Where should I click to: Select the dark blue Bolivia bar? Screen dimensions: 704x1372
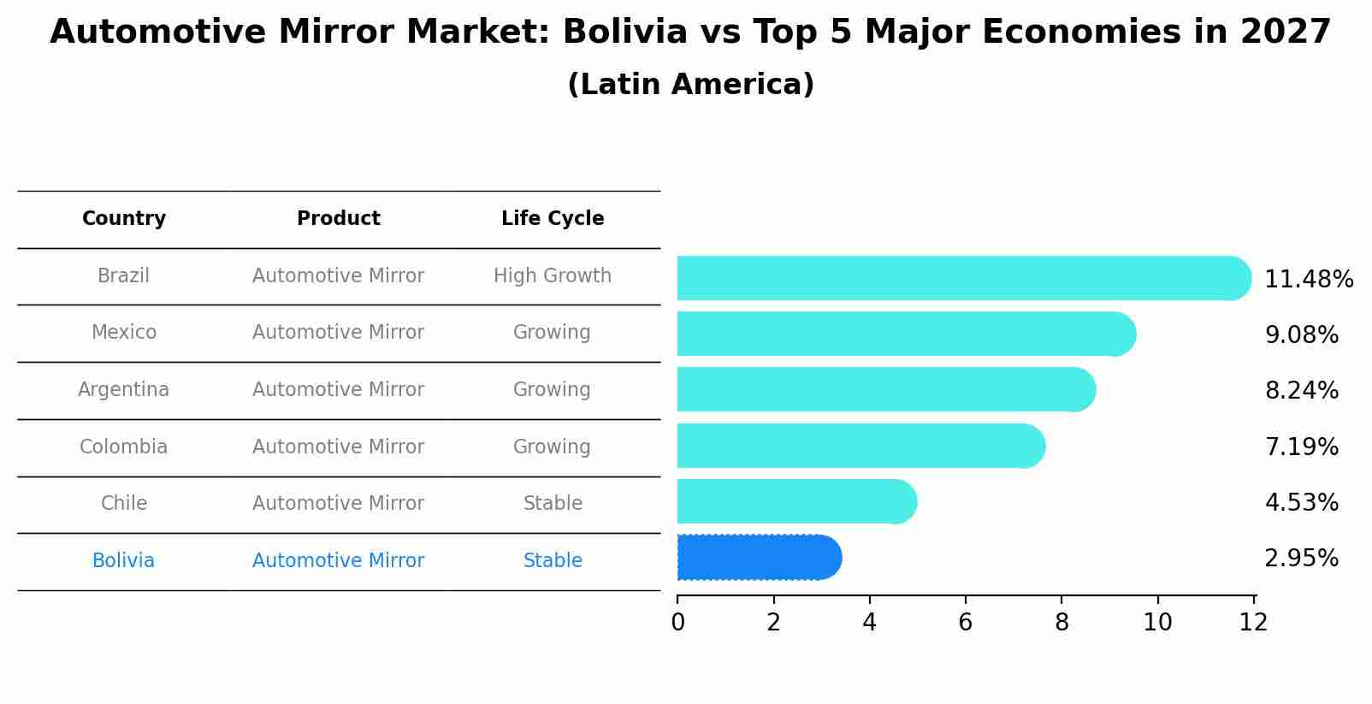click(758, 558)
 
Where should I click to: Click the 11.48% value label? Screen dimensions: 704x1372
click(1308, 280)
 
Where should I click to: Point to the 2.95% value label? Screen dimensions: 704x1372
click(1300, 559)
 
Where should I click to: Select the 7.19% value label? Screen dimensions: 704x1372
click(1300, 447)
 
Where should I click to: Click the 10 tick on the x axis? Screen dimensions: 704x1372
click(1157, 623)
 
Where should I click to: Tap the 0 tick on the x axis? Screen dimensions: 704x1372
click(677, 623)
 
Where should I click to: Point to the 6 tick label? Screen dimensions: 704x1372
click(965, 623)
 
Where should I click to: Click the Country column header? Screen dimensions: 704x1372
click(124, 219)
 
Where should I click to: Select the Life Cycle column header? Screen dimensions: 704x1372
click(553, 219)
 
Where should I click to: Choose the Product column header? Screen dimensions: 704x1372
click(338, 219)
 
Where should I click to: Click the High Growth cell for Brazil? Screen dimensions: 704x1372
click(553, 276)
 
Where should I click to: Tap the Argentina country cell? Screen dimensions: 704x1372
click(124, 390)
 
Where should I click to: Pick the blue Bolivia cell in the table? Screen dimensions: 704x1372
click(124, 561)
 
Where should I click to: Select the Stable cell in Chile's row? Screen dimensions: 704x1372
click(553, 504)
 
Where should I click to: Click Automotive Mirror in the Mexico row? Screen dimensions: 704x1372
click(338, 333)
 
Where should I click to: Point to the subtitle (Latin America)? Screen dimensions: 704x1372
click(690, 85)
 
